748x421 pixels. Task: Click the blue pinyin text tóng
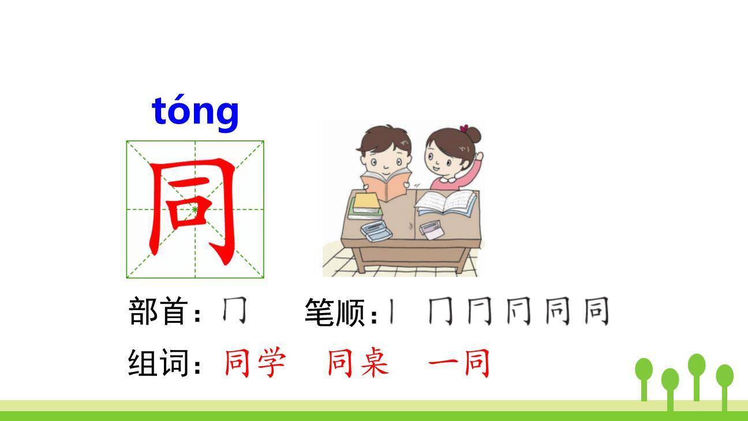(x=195, y=111)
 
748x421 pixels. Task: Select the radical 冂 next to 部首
(x=234, y=312)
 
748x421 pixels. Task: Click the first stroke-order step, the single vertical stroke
(x=392, y=312)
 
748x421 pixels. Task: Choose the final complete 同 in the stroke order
(x=596, y=312)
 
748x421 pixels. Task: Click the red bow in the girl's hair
(x=463, y=128)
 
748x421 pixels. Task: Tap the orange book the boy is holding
(x=387, y=185)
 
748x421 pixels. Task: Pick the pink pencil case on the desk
(x=431, y=230)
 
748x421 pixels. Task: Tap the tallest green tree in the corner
(x=697, y=375)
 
